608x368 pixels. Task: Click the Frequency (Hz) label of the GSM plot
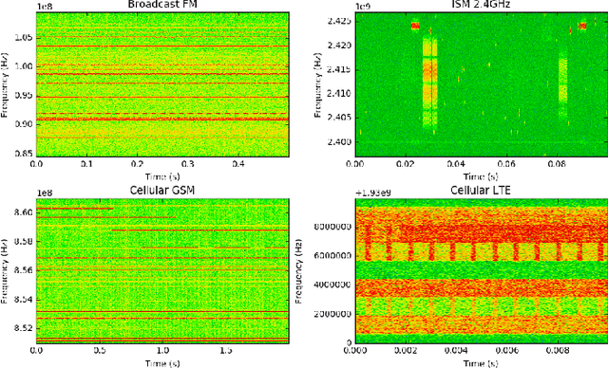click(x=6, y=272)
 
